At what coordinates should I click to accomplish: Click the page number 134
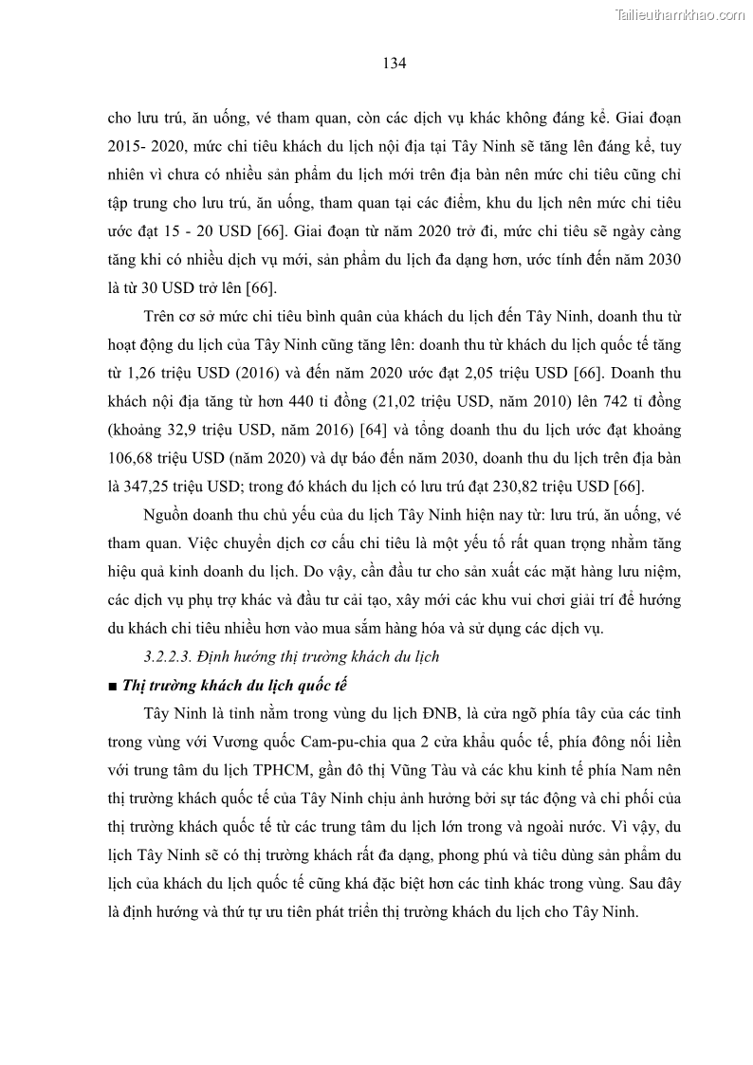click(x=395, y=64)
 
